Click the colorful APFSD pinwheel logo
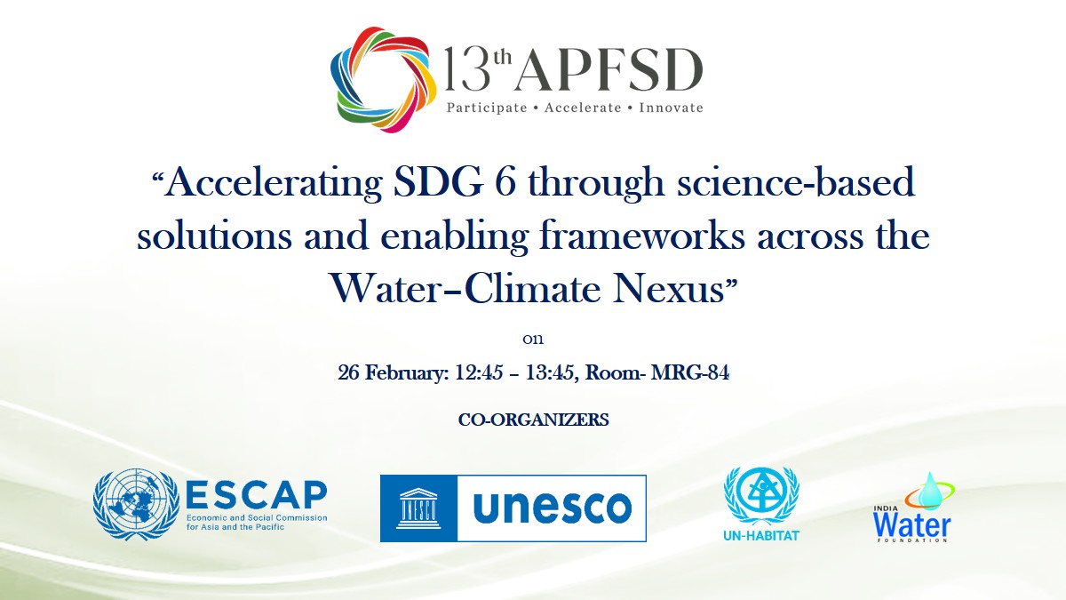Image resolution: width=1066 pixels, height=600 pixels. (383, 79)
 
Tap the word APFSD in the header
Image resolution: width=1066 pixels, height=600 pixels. (610, 70)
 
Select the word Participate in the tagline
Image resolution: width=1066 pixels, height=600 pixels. (487, 108)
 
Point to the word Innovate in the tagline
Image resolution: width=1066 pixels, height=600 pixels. (671, 108)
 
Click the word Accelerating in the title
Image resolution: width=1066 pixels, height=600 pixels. (274, 183)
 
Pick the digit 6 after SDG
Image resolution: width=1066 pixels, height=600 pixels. (505, 181)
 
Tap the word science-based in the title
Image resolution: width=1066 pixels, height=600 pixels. (796, 181)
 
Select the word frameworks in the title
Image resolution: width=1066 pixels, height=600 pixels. (642, 236)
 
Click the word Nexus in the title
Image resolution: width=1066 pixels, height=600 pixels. (668, 289)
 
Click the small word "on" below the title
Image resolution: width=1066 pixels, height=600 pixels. (533, 340)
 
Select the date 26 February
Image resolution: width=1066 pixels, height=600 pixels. (393, 372)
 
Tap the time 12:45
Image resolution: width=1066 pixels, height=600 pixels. (479, 372)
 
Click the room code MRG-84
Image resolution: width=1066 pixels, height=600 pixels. (689, 372)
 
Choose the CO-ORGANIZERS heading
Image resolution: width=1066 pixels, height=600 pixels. (534, 420)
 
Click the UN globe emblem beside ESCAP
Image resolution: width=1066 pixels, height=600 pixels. (136, 504)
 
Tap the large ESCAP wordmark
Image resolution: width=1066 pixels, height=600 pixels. (256, 495)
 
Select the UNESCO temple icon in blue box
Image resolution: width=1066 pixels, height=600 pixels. (418, 508)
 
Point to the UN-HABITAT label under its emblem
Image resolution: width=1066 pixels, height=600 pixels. (761, 536)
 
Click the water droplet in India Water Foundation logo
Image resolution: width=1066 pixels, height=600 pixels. (929, 491)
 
